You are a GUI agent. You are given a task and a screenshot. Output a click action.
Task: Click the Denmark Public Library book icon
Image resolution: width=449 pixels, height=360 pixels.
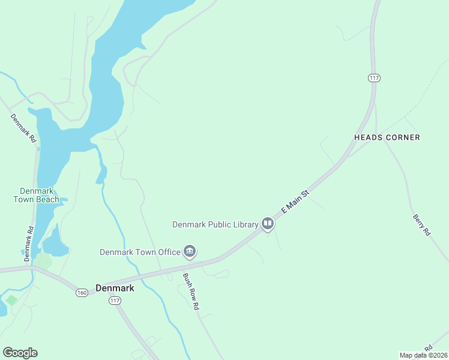point(268,224)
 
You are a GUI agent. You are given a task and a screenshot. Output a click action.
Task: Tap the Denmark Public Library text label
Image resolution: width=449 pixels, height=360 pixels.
point(215,225)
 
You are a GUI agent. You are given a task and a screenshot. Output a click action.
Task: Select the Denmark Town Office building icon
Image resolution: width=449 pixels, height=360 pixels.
point(190,252)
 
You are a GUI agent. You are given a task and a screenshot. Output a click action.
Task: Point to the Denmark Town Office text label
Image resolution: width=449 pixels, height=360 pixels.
point(139,252)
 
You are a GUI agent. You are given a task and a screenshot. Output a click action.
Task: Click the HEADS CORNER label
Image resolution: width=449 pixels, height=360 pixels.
point(387,137)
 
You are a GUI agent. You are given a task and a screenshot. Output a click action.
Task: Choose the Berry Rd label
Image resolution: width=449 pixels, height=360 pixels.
point(422,224)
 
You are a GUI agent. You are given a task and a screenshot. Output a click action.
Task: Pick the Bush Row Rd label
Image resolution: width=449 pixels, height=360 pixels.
point(191,291)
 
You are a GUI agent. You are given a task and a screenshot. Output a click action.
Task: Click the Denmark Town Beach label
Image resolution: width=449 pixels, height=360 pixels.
point(37,195)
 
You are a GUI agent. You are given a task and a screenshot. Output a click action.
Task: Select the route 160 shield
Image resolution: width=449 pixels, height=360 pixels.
point(82,292)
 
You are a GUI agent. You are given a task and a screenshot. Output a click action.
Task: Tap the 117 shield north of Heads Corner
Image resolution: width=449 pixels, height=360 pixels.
point(375,78)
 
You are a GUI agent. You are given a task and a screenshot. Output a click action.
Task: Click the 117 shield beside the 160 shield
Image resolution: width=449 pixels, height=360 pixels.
point(116,300)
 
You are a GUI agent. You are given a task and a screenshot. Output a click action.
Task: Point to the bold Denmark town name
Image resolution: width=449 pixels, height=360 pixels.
point(115,287)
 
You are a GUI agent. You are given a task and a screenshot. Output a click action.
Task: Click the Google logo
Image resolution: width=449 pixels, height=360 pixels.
point(20,353)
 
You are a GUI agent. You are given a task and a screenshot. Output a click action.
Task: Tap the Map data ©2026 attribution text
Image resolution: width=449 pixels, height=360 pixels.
point(423,355)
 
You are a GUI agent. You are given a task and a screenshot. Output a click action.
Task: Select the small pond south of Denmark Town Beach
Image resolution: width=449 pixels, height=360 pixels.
point(53,242)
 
